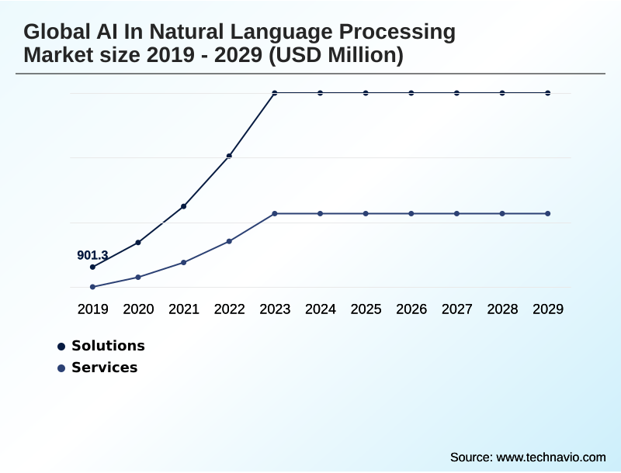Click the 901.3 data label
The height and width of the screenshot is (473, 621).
pos(92,255)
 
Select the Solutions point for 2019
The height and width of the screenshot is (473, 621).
pos(92,267)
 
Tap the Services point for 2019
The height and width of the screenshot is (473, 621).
pos(92,287)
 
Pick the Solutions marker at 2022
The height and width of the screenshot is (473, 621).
pos(229,156)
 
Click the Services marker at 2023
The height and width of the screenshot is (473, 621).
pos(275,213)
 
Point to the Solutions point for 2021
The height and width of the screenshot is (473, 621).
pos(184,206)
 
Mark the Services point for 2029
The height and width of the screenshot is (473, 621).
pos(548,213)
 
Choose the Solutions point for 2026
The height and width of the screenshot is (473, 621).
pos(411,93)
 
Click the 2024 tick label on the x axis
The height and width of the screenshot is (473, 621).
pos(321,309)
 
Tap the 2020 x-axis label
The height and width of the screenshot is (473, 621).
pos(138,309)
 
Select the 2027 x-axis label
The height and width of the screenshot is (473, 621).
pos(457,309)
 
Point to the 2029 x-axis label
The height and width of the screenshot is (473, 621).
pos(548,309)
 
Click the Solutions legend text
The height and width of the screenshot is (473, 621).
pos(108,346)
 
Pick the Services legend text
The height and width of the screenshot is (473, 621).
pos(104,368)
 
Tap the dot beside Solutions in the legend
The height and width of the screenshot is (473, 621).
pos(61,347)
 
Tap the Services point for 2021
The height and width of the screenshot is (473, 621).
pos(184,262)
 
